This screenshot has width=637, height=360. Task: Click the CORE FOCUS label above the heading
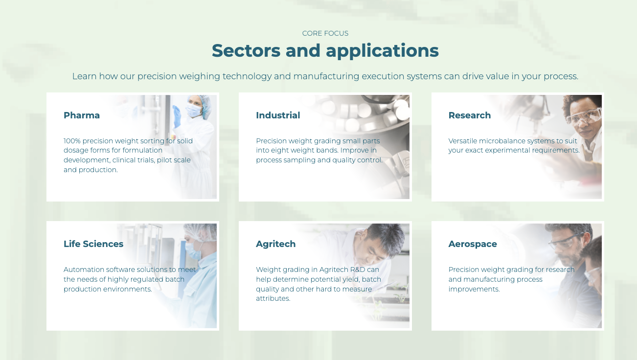click(x=325, y=33)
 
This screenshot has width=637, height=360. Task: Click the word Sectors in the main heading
click(x=246, y=50)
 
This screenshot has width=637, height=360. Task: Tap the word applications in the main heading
click(x=382, y=51)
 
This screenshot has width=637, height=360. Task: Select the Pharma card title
click(x=82, y=115)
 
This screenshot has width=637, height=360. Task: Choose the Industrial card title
click(x=278, y=115)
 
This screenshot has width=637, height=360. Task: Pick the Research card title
click(x=470, y=115)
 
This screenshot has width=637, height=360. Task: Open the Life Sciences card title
click(x=93, y=244)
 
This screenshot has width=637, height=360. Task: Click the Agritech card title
click(x=275, y=244)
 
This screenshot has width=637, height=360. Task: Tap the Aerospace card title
click(x=473, y=244)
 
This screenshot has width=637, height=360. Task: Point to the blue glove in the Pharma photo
click(x=177, y=116)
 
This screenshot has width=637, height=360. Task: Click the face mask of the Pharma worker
click(x=193, y=110)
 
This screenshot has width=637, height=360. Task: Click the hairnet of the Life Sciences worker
click(x=200, y=232)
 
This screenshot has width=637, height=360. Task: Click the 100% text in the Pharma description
click(x=72, y=141)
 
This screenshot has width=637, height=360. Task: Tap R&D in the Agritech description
click(x=358, y=270)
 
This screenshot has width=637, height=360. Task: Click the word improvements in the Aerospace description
click(x=474, y=289)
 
